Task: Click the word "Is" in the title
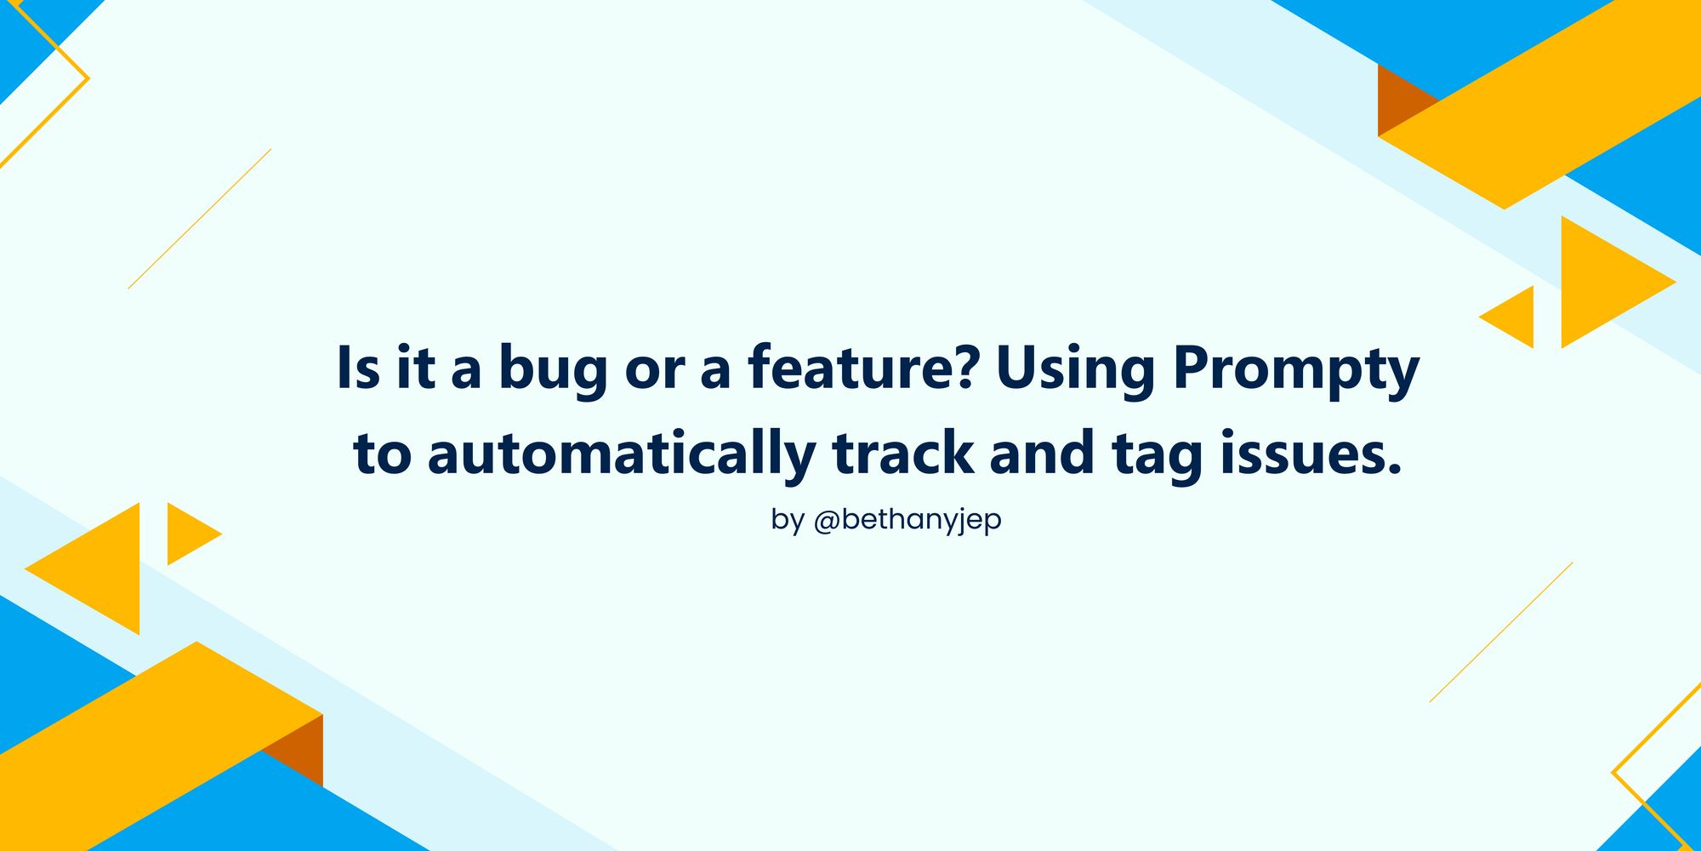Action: pyautogui.click(x=359, y=368)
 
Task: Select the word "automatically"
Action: pyautogui.click(x=622, y=455)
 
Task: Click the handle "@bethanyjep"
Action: pyautogui.click(x=907, y=521)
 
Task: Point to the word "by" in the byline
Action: pyautogui.click(x=788, y=521)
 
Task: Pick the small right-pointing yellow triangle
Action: pyautogui.click(x=186, y=534)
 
